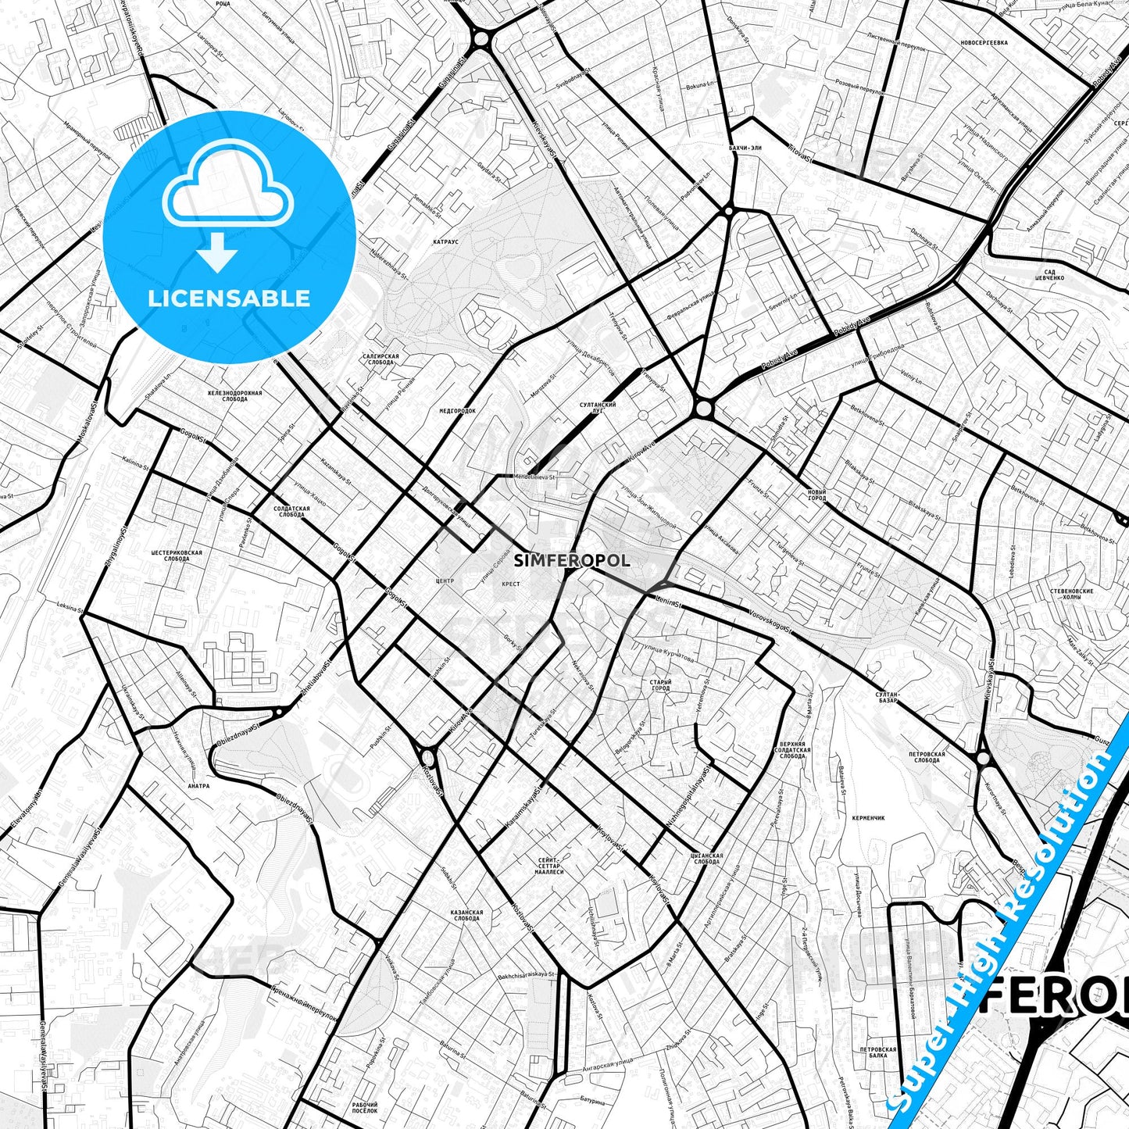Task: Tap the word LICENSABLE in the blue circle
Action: [x=229, y=298]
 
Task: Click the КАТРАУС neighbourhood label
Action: [x=445, y=242]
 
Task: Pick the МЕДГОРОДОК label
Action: [x=457, y=410]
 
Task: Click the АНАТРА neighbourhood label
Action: [x=199, y=786]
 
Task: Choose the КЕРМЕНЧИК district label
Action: [x=868, y=818]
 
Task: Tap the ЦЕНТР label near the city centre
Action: [x=444, y=581]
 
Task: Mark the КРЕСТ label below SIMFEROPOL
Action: [x=511, y=584]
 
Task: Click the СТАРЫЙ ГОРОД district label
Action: [x=660, y=685]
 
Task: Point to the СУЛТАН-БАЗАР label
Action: [x=887, y=697]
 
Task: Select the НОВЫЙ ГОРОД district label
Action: [x=816, y=495]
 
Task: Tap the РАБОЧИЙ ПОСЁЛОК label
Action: [x=364, y=1106]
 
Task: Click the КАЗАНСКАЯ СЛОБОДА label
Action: [x=466, y=915]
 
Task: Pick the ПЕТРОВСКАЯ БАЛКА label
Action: [x=876, y=1052]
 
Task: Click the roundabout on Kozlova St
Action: [x=428, y=756]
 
